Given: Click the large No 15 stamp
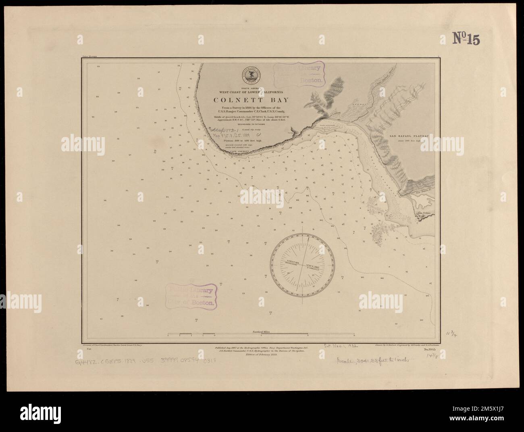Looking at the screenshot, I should [466, 39].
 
